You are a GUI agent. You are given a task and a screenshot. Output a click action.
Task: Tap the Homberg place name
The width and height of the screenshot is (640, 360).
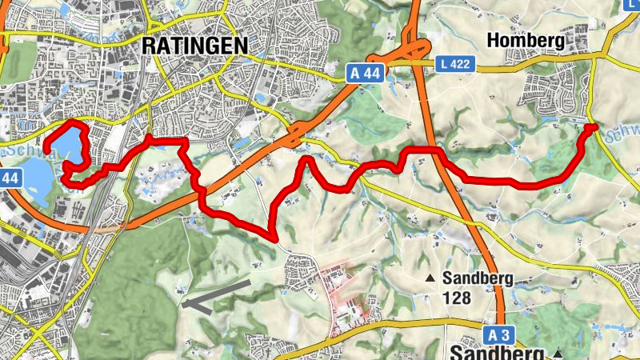click(526, 40)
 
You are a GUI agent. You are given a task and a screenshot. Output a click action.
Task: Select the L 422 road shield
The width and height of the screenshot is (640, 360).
click(457, 63)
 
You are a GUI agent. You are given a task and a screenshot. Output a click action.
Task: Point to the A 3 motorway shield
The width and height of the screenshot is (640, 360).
click(498, 334)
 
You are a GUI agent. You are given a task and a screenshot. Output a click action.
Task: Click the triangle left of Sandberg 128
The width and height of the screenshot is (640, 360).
click(430, 279)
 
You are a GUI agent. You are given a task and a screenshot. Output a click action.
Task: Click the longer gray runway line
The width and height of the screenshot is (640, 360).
click(216, 293)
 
